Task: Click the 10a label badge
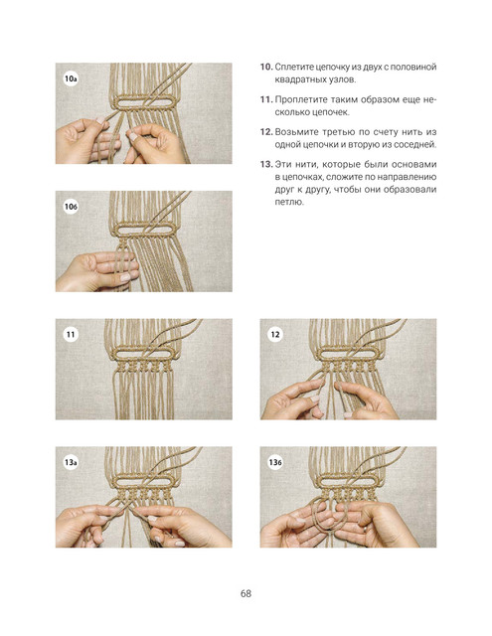click(x=71, y=79)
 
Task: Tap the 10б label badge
click(x=71, y=207)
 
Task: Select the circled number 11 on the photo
click(x=71, y=334)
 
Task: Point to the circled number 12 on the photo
click(x=275, y=334)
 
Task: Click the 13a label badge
click(x=71, y=462)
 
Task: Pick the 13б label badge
click(x=275, y=462)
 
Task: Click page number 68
click(x=246, y=593)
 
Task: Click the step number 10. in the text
click(x=266, y=67)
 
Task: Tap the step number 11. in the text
click(x=266, y=99)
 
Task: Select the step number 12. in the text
click(x=266, y=132)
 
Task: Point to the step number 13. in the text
click(x=266, y=164)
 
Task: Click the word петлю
click(x=289, y=202)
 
